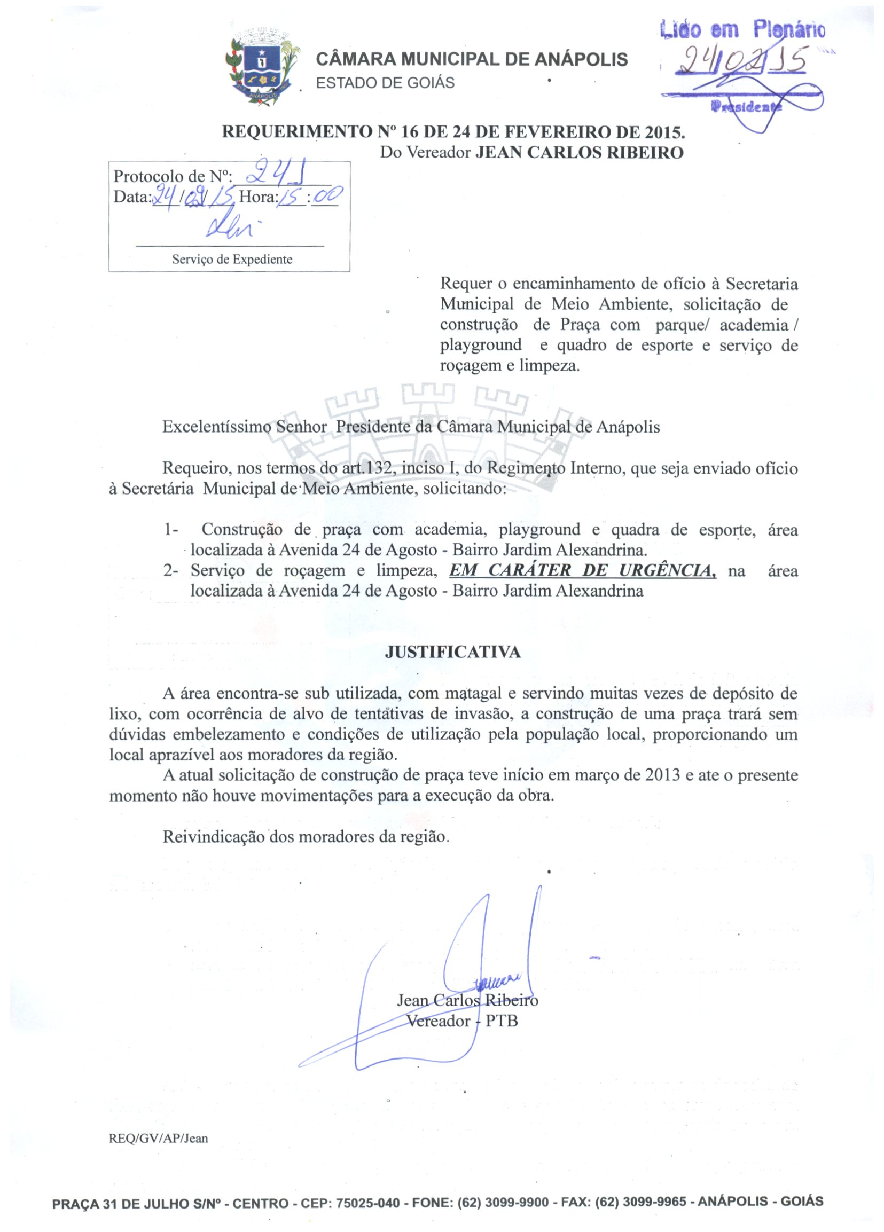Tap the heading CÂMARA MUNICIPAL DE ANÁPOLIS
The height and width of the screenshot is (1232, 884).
point(472,59)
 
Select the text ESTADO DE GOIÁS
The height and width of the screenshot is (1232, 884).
point(385,83)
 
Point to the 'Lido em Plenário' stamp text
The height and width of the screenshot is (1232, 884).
point(742,30)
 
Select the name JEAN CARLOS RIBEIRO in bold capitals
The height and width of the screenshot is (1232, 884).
point(579,153)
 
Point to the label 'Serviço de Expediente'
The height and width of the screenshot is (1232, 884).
point(232,260)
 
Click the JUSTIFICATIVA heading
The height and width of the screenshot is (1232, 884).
point(452,652)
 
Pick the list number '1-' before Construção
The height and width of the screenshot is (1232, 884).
point(171,529)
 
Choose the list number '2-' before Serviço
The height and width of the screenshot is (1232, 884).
point(170,571)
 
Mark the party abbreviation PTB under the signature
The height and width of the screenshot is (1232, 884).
point(501,1021)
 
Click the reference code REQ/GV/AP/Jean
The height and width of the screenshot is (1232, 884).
point(158,1138)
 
